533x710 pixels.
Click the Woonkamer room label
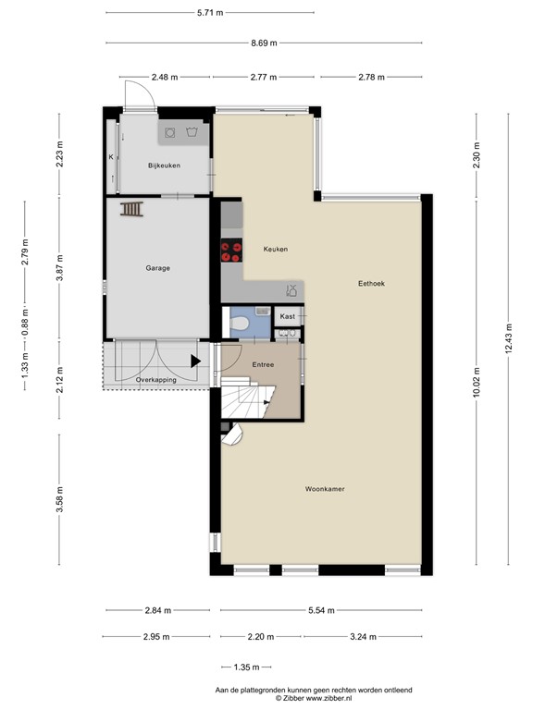click(324, 489)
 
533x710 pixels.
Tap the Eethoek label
click(371, 284)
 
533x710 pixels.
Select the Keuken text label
click(275, 250)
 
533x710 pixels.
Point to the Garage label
click(157, 269)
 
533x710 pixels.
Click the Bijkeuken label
click(163, 165)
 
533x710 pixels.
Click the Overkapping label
click(156, 380)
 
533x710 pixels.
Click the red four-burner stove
click(230, 253)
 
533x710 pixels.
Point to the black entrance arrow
click(195, 361)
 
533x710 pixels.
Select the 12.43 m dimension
click(509, 338)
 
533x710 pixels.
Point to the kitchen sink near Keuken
click(291, 290)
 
